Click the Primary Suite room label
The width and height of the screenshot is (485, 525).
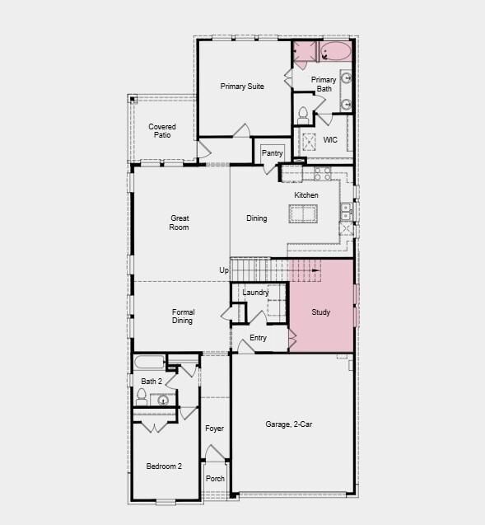click(x=242, y=87)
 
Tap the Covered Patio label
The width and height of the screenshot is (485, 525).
click(x=162, y=130)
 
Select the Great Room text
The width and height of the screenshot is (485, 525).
click(x=180, y=223)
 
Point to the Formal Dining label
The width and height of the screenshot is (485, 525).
click(x=183, y=316)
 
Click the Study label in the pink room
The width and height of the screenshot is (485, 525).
click(x=320, y=313)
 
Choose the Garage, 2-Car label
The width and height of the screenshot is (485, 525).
click(x=288, y=424)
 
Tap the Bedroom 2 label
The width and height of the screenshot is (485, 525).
click(x=164, y=466)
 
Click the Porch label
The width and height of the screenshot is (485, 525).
click(x=215, y=479)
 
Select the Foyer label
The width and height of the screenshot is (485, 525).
click(x=214, y=429)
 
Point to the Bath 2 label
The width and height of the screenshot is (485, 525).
click(x=151, y=382)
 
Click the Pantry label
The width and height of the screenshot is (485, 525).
click(x=273, y=153)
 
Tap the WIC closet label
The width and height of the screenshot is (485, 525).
click(x=330, y=140)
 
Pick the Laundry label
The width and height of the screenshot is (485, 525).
click(x=255, y=293)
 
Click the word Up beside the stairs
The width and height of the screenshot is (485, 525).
click(x=224, y=270)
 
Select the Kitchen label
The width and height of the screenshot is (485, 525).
click(x=306, y=195)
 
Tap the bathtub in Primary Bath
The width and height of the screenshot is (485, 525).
click(x=335, y=53)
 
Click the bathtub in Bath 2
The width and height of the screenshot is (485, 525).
click(x=149, y=362)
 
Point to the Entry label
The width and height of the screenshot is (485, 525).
click(x=258, y=338)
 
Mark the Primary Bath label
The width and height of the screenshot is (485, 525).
click(x=324, y=84)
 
